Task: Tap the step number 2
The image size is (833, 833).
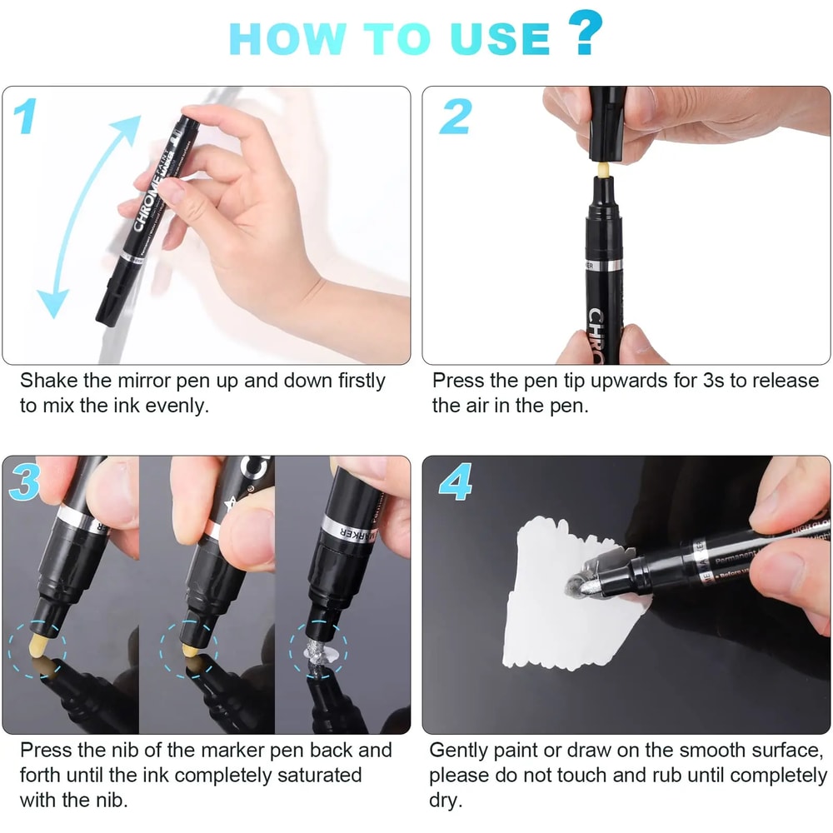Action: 455,116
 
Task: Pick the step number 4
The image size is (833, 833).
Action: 456,484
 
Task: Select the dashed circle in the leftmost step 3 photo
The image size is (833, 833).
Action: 38,650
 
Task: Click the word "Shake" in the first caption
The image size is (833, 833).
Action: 45,382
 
